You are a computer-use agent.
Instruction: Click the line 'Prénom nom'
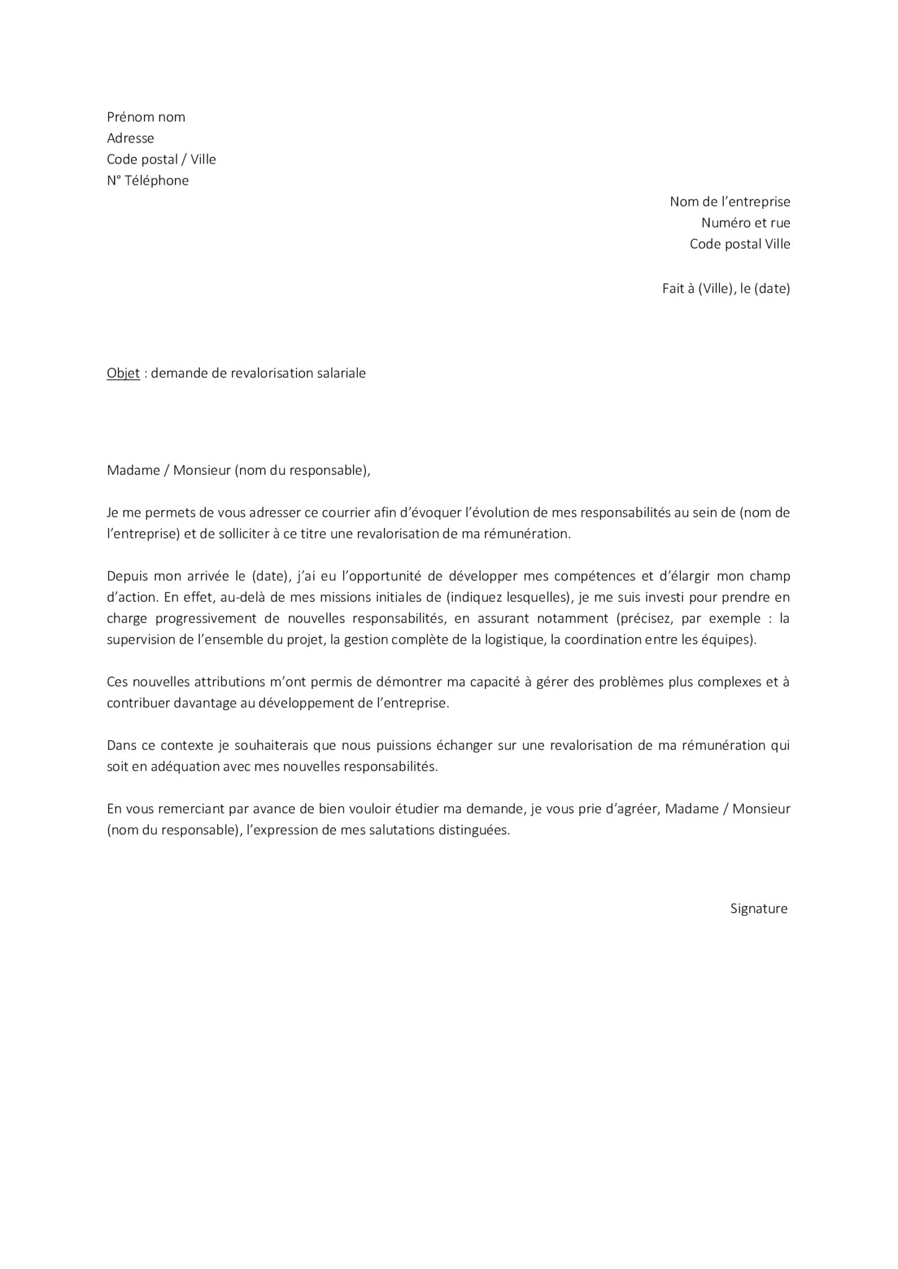(146, 117)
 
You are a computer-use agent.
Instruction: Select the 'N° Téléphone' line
(148, 180)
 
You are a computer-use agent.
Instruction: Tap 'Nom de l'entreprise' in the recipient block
(729, 201)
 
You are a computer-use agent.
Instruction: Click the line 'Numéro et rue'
(745, 222)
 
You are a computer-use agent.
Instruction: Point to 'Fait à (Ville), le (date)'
(726, 288)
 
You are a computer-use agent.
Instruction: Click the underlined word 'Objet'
(123, 374)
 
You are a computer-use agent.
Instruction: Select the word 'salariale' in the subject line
(341, 373)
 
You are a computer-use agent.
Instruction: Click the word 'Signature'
(758, 908)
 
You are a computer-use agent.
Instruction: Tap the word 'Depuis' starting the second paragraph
(127, 576)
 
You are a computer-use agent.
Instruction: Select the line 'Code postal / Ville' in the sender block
(161, 159)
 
